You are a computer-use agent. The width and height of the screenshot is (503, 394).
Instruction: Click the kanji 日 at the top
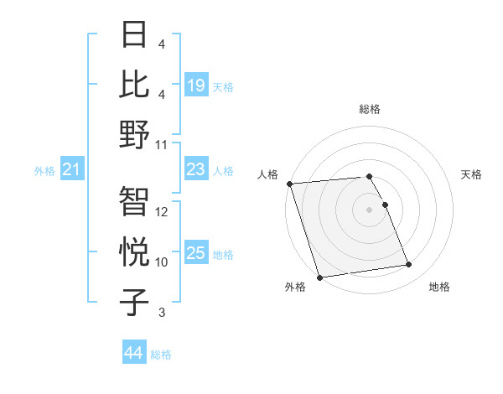[135, 34]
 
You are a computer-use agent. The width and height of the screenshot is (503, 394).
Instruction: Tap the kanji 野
[135, 134]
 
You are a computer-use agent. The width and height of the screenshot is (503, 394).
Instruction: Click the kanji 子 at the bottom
[135, 303]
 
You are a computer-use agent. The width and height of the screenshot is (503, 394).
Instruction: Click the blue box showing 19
[196, 85]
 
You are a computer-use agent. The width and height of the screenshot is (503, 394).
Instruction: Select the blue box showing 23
[196, 169]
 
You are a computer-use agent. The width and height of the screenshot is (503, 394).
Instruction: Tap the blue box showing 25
[196, 253]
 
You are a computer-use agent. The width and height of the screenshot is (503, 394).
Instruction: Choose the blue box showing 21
[72, 170]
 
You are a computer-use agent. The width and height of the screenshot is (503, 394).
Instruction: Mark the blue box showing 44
[134, 353]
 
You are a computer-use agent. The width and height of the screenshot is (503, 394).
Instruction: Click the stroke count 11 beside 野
[162, 145]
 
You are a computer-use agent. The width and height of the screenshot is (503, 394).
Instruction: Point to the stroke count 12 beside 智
[162, 212]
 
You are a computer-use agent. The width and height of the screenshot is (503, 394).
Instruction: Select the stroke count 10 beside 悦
[162, 262]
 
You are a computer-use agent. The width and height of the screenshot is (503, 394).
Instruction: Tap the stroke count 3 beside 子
[162, 313]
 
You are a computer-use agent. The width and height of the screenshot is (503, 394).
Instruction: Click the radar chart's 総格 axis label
[370, 109]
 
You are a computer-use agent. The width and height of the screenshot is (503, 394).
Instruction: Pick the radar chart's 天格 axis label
[471, 174]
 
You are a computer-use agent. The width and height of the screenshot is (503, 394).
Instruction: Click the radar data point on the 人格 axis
[289, 184]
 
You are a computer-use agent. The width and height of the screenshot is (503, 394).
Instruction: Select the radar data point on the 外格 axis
[319, 277]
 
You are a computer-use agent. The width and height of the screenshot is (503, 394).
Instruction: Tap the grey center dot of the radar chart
[370, 209]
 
